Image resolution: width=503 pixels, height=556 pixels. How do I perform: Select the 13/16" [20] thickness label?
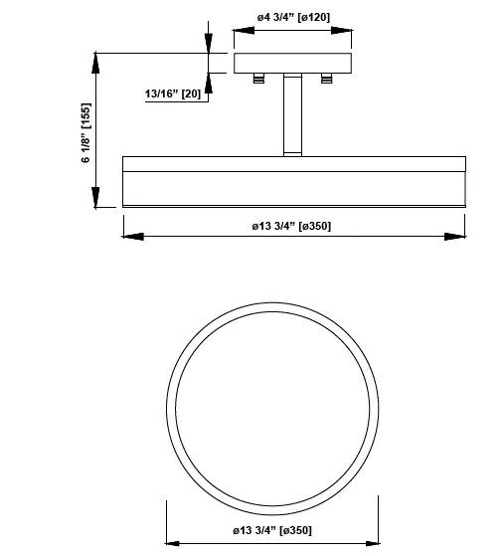(x=173, y=93)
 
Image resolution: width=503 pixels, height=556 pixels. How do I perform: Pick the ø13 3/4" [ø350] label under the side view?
(x=292, y=226)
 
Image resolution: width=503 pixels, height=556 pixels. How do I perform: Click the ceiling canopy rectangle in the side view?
(x=293, y=63)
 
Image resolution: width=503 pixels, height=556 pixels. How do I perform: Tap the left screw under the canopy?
(x=259, y=79)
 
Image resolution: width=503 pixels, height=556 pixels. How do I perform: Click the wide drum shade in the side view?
(x=293, y=180)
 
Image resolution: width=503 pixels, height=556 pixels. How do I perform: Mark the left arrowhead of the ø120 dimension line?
(x=240, y=30)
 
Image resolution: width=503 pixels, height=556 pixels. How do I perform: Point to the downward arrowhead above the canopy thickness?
(x=208, y=44)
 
